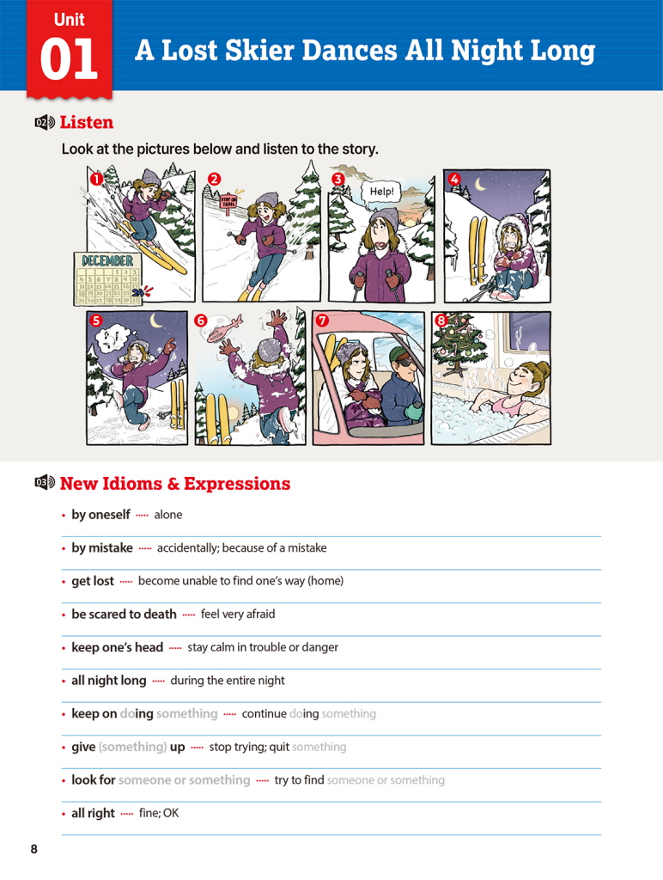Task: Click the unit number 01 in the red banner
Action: pyautogui.click(x=69, y=59)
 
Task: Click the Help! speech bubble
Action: pyautogui.click(x=381, y=192)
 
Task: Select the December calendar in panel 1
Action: pyautogui.click(x=107, y=278)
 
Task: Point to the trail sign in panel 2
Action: pyautogui.click(x=229, y=201)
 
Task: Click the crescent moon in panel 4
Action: pyautogui.click(x=480, y=184)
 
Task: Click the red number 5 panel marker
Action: pyautogui.click(x=96, y=320)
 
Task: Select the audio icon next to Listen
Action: pyautogui.click(x=45, y=122)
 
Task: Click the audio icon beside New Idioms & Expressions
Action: pyautogui.click(x=45, y=482)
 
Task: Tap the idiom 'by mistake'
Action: pyautogui.click(x=102, y=547)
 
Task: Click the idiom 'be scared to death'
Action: pyautogui.click(x=124, y=614)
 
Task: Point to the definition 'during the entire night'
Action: pyautogui.click(x=228, y=681)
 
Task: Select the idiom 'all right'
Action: pyautogui.click(x=93, y=813)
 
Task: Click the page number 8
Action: pyautogui.click(x=34, y=849)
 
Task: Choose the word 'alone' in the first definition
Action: pyautogui.click(x=168, y=515)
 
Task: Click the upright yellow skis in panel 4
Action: pyautogui.click(x=477, y=250)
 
